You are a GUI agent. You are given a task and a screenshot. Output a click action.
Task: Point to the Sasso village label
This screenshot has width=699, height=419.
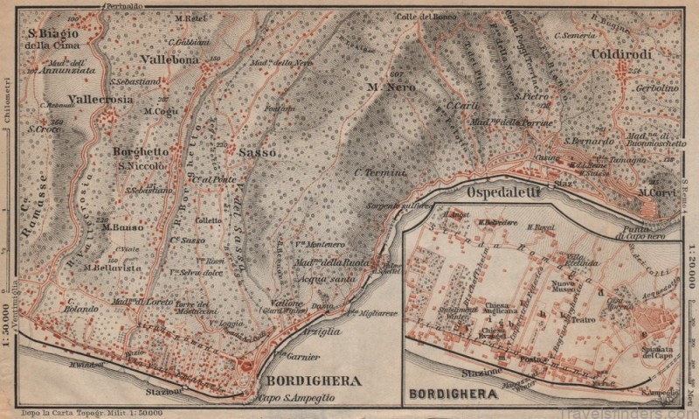tap(257, 152)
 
